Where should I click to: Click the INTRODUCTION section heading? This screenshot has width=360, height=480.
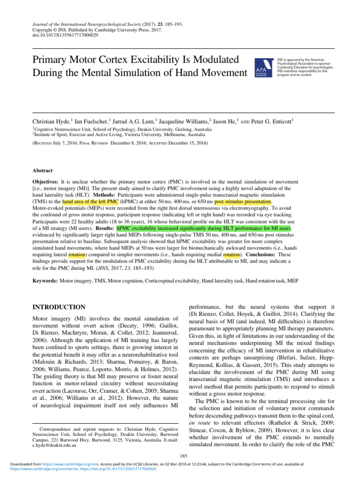(59, 307)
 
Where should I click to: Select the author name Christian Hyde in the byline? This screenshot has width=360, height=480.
(51, 121)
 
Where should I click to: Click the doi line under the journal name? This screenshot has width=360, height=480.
(65, 35)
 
